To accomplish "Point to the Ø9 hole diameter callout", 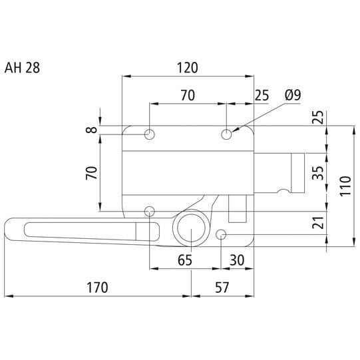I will click(x=292, y=95).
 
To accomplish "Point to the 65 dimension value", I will click(x=186, y=260).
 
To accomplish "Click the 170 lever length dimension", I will click(x=96, y=287).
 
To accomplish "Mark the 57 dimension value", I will click(x=223, y=287).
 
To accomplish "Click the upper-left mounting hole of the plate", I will click(x=150, y=134).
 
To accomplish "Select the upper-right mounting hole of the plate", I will click(x=227, y=134).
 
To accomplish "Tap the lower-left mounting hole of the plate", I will click(x=150, y=212).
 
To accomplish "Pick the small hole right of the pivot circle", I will click(x=222, y=234).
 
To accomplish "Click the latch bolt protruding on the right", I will click(x=279, y=173).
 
